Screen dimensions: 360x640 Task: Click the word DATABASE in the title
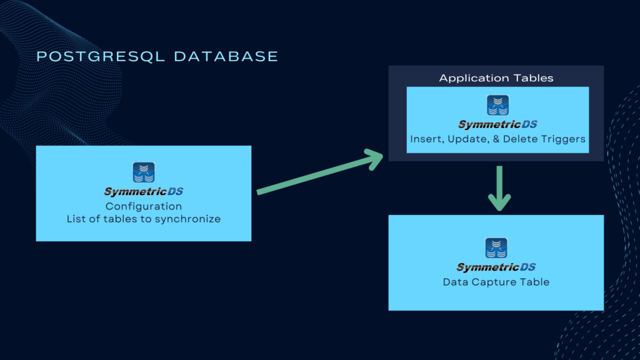coord(226,56)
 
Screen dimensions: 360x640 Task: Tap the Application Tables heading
coord(496,78)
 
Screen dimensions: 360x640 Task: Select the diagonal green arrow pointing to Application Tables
coord(319,174)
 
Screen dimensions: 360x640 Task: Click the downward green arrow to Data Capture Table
coord(499,188)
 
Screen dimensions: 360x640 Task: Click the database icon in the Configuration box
coord(144,172)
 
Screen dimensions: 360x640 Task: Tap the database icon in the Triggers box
coord(497,105)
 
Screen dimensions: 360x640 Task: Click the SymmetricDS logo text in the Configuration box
coord(144,192)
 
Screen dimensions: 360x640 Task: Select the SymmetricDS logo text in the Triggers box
coord(497,124)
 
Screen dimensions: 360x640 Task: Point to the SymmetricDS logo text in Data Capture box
coord(496,267)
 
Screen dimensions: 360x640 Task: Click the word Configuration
coord(144,206)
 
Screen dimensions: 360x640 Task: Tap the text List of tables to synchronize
coord(144,219)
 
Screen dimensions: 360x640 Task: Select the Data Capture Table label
coord(496,282)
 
